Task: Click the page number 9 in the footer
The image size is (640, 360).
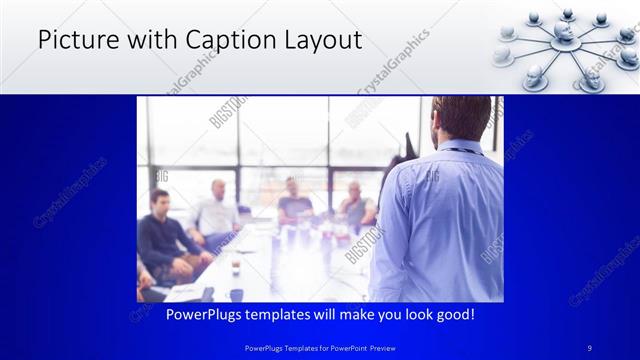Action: pos(590,348)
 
